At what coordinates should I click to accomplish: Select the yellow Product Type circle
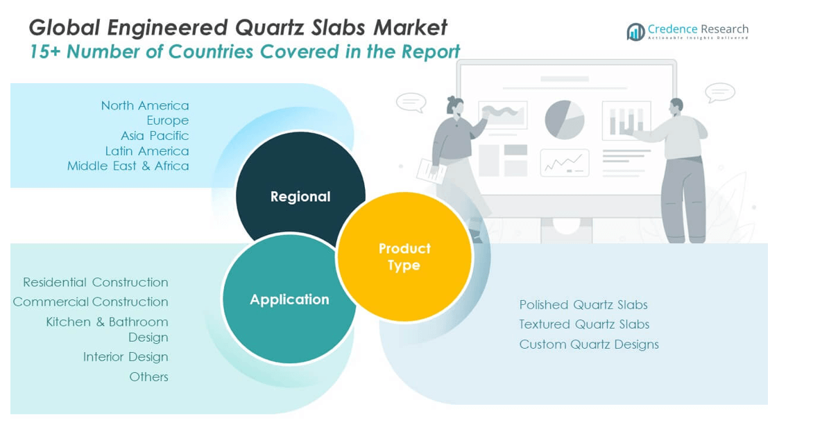404,256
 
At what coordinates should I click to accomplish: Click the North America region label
145,105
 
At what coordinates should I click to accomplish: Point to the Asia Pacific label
155,135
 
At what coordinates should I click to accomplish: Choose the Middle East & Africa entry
128,166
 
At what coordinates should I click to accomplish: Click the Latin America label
147,150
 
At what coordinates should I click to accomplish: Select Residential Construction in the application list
96,282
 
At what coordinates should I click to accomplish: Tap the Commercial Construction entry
91,302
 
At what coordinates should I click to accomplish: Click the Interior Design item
126,357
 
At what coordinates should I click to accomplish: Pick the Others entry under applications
148,376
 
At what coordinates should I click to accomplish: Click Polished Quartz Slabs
583,305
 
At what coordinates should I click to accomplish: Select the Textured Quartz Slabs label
584,324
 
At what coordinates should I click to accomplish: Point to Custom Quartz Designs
589,345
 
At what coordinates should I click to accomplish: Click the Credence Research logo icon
635,32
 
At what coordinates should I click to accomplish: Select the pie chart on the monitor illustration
565,120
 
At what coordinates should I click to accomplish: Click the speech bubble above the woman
411,102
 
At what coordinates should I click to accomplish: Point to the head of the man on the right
676,107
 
